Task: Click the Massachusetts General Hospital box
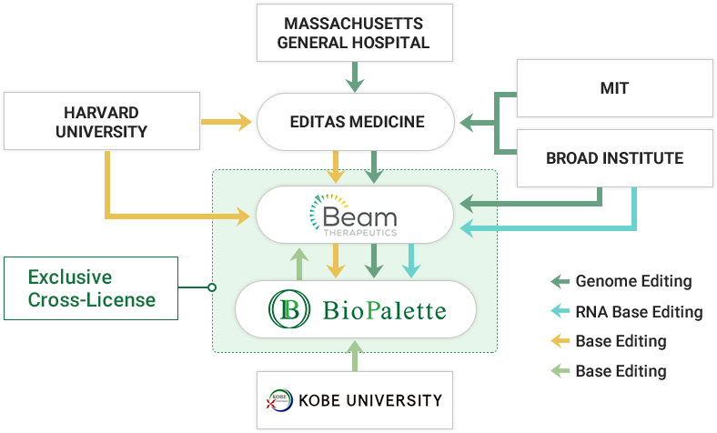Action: tap(354, 33)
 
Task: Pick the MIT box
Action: tap(614, 88)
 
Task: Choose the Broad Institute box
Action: tap(614, 158)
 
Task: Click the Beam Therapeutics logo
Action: tap(354, 216)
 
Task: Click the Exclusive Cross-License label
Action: tap(91, 287)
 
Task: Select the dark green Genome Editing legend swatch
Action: tap(560, 282)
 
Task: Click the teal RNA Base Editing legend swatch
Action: tap(560, 312)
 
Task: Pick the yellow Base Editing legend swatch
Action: tap(560, 342)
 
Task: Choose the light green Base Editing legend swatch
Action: tap(560, 371)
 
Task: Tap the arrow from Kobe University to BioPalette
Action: tap(354, 355)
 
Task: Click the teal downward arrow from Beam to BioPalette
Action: tap(411, 261)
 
